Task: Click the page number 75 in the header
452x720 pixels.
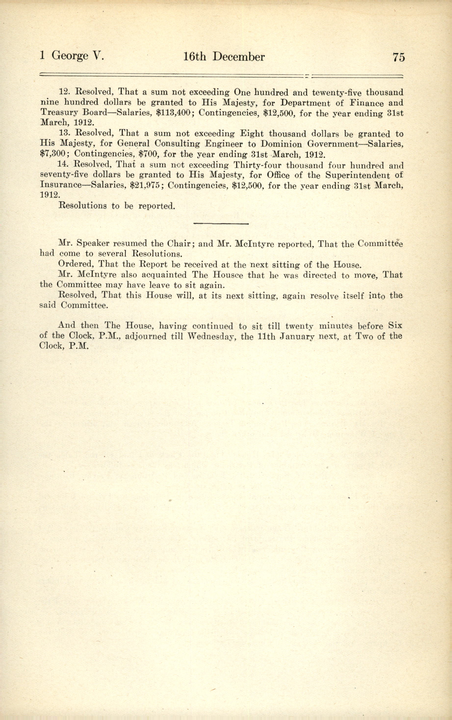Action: (399, 57)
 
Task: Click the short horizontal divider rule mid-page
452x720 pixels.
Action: (221, 223)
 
